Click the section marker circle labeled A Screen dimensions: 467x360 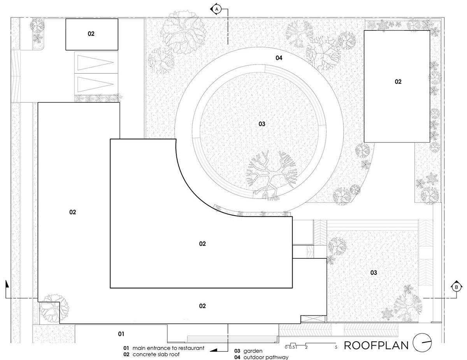(217, 9)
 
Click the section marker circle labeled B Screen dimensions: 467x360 (456, 287)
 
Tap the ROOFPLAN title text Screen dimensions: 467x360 (376, 345)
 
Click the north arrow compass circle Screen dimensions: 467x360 (422, 342)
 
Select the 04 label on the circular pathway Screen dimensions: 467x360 (279, 58)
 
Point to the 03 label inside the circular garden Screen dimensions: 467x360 (262, 124)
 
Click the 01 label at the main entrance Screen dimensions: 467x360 (121, 334)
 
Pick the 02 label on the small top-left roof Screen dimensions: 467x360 (91, 33)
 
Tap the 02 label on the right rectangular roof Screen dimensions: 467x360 (398, 82)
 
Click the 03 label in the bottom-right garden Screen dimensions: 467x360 (374, 273)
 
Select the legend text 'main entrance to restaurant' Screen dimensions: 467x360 (168, 348)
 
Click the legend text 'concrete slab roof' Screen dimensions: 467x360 (156, 355)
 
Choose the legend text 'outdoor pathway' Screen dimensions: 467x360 (266, 357)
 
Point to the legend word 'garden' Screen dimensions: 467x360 (253, 351)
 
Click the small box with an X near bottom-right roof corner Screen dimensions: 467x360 (314, 319)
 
